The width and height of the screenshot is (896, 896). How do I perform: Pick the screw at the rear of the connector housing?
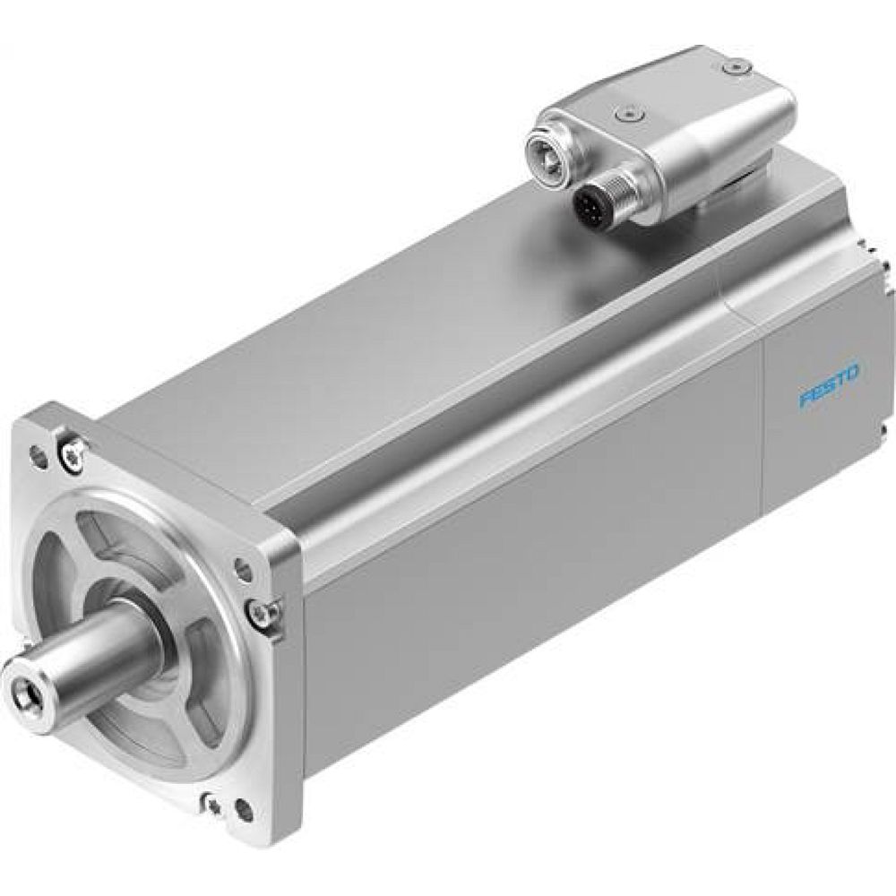click(x=737, y=65)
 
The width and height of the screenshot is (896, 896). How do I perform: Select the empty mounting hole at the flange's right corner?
click(x=242, y=566)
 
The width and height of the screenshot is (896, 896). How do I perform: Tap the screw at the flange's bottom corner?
click(x=211, y=797)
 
